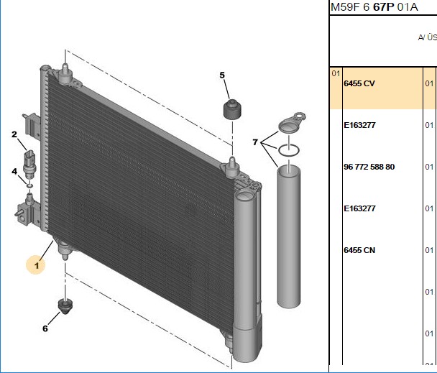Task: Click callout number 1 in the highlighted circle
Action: pos(37,265)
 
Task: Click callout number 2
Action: pos(14,134)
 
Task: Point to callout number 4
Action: pos(14,171)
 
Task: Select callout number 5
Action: pos(222,75)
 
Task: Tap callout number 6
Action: pos(45,328)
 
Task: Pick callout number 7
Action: pos(255,142)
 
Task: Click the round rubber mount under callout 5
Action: pos(232,109)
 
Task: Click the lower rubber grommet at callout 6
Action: pos(65,306)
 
